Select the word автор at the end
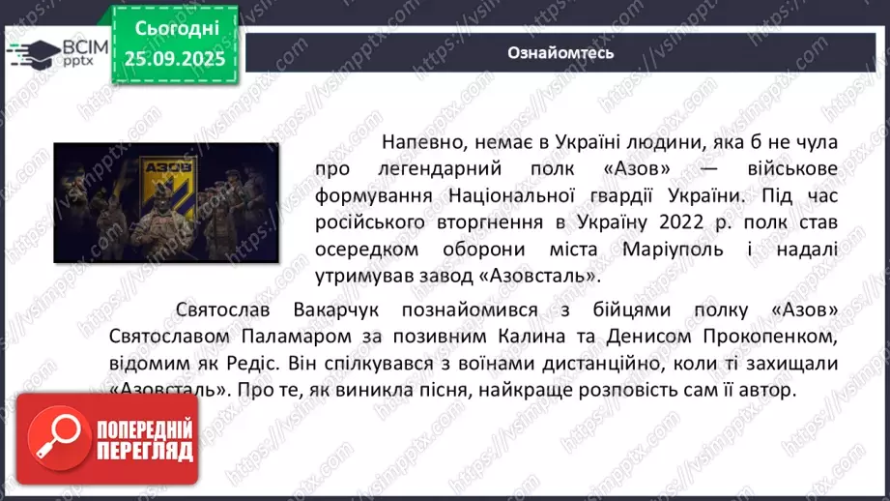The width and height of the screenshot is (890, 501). [769, 392]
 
